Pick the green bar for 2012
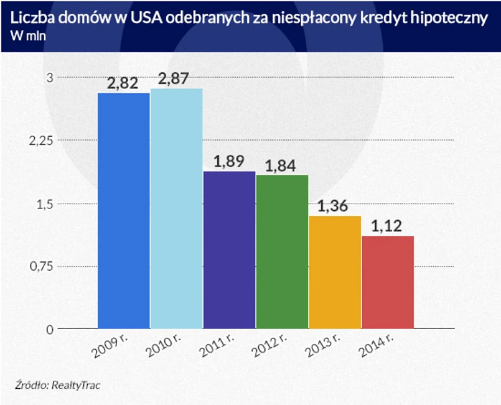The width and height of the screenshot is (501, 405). click(282, 251)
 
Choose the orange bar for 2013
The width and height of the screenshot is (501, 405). click(335, 272)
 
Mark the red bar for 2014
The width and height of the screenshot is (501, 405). click(388, 282)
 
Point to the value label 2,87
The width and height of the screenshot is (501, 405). click(174, 80)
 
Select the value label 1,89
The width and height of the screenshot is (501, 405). click(229, 162)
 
